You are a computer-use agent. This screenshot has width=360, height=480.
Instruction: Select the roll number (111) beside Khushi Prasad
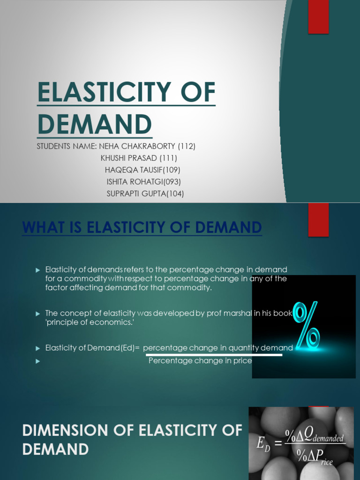(168, 158)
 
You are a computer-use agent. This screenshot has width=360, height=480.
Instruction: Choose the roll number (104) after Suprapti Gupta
(175, 193)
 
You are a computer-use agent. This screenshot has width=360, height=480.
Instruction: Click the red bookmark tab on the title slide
(318, 17)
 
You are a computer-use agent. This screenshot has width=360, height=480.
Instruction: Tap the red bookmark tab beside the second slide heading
(318, 220)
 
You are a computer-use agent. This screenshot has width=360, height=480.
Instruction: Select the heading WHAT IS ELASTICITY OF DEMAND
(142, 228)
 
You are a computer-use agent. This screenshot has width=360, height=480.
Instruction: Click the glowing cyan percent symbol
(307, 325)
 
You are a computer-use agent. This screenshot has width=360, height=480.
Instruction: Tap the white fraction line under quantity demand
(212, 355)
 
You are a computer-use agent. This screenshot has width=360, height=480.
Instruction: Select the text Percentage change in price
(200, 361)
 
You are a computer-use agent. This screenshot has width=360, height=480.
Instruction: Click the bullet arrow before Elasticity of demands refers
(38, 270)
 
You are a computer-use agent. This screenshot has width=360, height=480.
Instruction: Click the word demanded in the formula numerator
(328, 439)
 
